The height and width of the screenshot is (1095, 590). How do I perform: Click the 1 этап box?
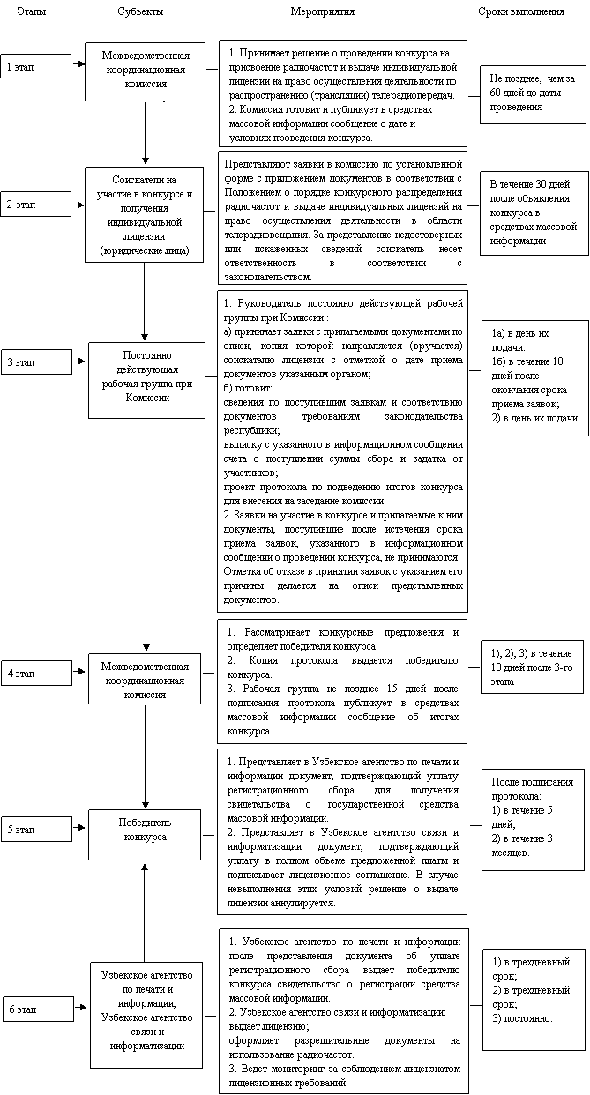35,66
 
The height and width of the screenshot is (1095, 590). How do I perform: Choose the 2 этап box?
35,205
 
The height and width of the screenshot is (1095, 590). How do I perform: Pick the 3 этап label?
35,362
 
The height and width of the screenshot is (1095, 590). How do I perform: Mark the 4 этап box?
35,674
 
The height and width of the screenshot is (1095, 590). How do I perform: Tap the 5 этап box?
35,830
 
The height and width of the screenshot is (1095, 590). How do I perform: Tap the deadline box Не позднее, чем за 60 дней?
532,93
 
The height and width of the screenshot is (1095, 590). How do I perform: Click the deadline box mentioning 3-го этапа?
532,668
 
